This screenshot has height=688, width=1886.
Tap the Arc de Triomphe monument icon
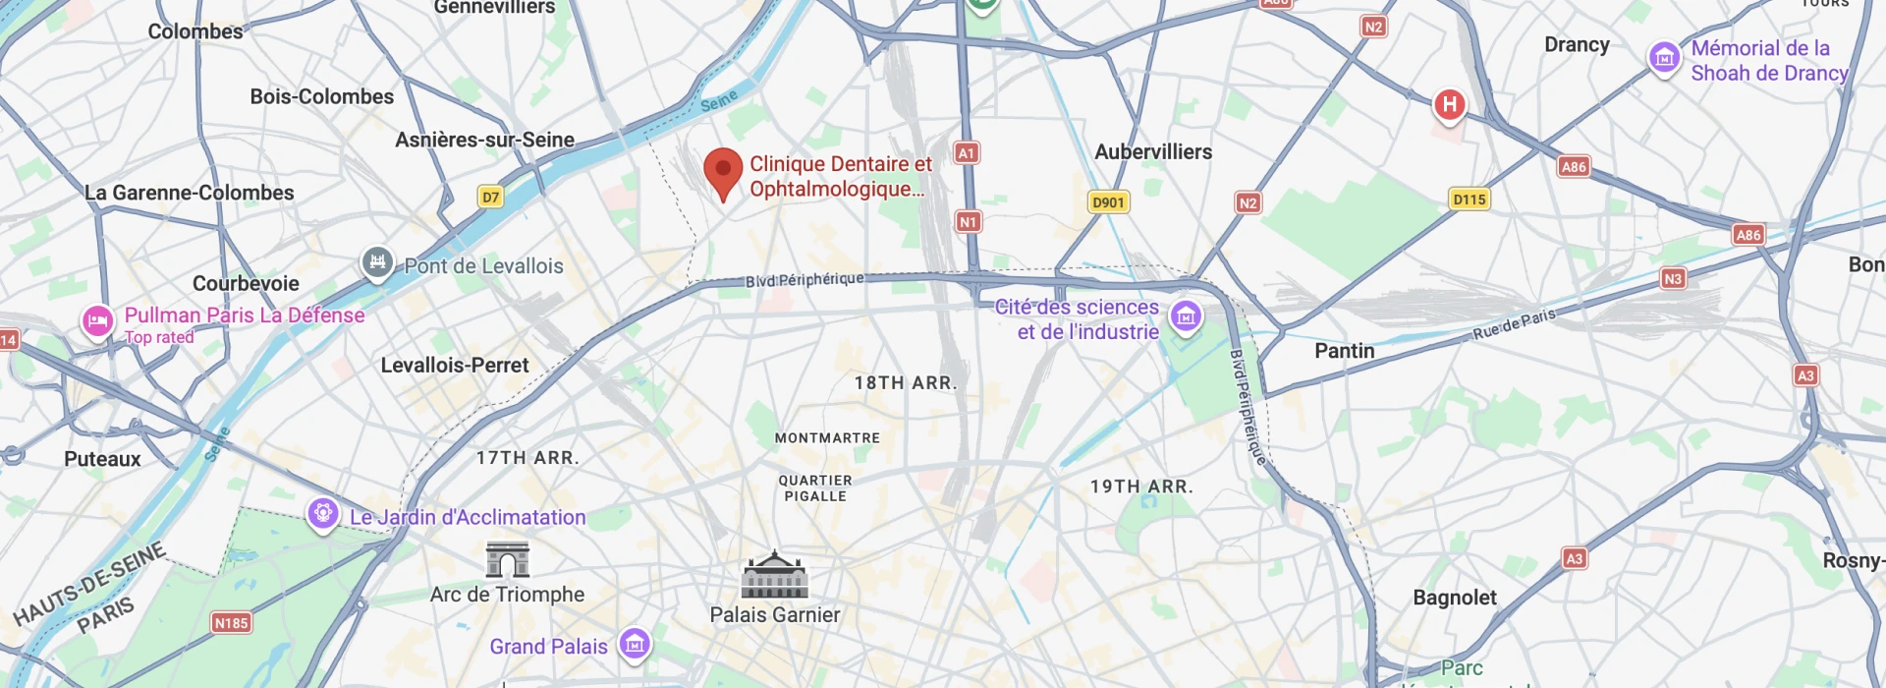[x=508, y=559]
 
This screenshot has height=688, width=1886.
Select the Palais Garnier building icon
[x=774, y=575]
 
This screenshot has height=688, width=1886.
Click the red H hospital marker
[x=1449, y=105]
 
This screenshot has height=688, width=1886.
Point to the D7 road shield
[x=490, y=197]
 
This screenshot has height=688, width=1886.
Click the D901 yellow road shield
[x=1108, y=202]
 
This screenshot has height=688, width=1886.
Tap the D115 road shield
[x=1470, y=200]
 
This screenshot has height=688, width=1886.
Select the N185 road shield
[x=231, y=623]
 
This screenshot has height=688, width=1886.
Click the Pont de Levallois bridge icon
[x=377, y=262]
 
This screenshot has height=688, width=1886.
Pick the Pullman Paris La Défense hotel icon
[x=97, y=321]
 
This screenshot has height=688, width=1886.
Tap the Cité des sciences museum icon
[x=1186, y=316]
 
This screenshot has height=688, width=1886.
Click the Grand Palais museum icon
[x=635, y=645]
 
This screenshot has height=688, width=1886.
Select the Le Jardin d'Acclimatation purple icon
[x=322, y=513]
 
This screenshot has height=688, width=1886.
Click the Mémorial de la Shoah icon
[x=1664, y=57]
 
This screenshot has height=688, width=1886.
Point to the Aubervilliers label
[x=1153, y=152]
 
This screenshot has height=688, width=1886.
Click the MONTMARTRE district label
[x=827, y=438]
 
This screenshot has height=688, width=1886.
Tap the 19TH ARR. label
[x=1141, y=487]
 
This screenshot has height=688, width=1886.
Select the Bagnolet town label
[x=1454, y=598]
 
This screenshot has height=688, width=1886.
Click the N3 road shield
[x=1673, y=279]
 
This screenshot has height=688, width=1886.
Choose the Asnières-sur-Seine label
[x=484, y=141]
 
